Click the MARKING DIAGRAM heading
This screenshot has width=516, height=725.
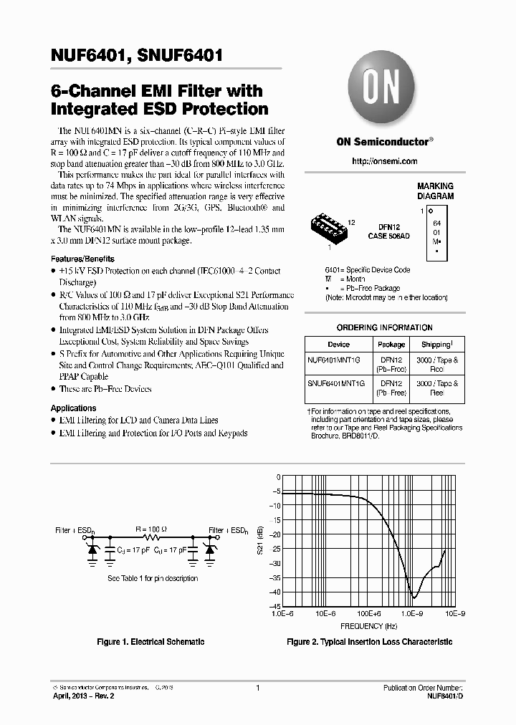tap(435, 191)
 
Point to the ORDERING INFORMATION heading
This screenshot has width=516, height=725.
tap(384, 327)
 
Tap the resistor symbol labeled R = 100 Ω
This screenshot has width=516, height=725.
tap(151, 536)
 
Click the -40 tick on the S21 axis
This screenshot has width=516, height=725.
tap(275, 592)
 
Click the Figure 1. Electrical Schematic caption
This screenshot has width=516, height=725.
tap(150, 642)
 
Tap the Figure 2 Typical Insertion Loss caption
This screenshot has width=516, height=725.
tap(369, 642)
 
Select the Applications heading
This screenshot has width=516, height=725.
tap(73, 408)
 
